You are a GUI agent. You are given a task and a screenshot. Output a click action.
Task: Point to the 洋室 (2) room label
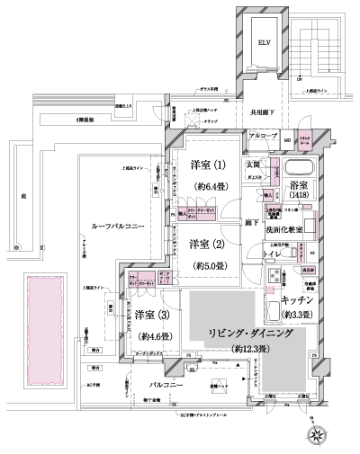pos(206,244)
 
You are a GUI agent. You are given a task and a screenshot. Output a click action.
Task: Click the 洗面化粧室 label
pos(288,229)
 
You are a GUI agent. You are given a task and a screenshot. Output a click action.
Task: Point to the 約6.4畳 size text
pos(206,185)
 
